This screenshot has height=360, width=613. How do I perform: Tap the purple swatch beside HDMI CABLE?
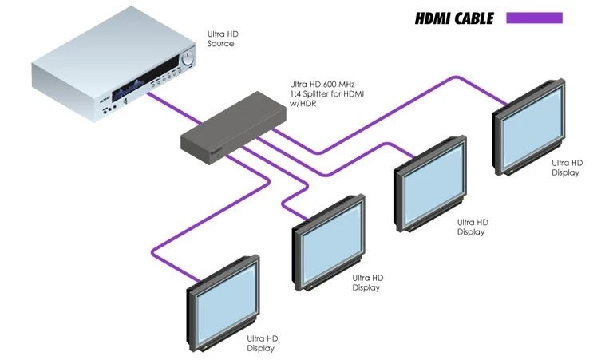tap(534, 18)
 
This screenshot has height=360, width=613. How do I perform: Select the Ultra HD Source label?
tap(221, 39)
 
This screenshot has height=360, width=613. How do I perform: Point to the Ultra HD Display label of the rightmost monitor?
tap(567, 168)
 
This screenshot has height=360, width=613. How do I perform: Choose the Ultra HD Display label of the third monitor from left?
tap(470, 227)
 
